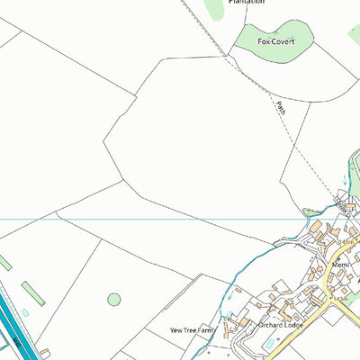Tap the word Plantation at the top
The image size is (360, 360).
(x=246, y=3)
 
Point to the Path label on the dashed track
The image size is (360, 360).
(x=281, y=108)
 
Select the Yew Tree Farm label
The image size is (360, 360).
(x=195, y=330)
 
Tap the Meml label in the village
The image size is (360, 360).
(x=339, y=266)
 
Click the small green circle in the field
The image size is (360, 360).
(x=114, y=299)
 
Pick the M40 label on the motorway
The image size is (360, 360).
(x=16, y=342)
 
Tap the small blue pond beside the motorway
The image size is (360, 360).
(x=25, y=311)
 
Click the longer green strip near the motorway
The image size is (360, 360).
(x=32, y=293)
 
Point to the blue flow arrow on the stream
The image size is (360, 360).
(x=307, y=213)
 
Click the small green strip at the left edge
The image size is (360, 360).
(x=4, y=263)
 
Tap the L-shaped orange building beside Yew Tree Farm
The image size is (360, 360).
(x=231, y=320)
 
